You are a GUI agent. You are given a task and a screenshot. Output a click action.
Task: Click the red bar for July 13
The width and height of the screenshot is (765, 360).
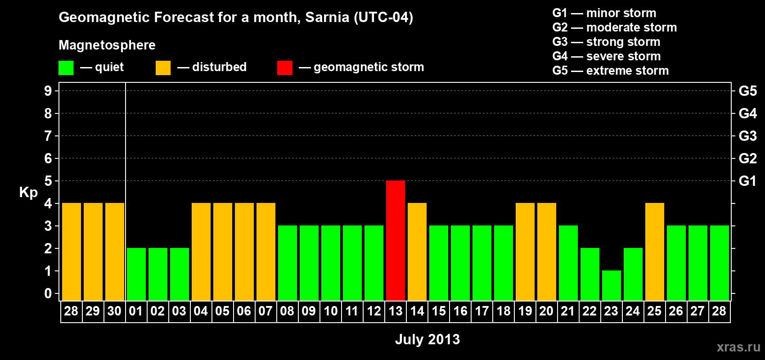click(396, 240)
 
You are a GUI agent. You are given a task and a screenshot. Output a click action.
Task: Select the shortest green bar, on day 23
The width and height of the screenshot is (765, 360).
click(612, 285)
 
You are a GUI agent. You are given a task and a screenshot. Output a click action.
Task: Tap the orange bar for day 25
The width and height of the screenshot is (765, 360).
click(655, 252)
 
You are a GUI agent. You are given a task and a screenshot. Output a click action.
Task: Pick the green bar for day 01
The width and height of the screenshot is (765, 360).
click(136, 274)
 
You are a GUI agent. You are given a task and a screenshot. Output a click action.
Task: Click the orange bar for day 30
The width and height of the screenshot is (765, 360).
click(115, 252)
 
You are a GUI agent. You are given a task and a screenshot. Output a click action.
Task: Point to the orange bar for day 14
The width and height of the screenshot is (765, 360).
click(417, 252)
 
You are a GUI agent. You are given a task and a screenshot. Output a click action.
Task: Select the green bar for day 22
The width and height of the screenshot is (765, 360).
click(590, 274)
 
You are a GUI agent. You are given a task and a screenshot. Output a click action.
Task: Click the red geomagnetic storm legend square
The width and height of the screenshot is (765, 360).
click(284, 68)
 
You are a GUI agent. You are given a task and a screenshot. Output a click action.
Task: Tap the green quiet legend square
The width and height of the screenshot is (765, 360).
click(66, 68)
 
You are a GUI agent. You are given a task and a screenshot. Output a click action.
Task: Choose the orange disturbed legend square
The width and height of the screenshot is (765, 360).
click(163, 68)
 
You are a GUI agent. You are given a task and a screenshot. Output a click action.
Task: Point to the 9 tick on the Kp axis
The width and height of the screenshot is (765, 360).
click(48, 91)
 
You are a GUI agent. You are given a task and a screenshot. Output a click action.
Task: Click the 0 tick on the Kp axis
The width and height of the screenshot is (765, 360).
click(48, 294)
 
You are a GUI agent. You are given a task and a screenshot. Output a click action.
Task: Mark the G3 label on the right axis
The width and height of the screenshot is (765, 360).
click(747, 136)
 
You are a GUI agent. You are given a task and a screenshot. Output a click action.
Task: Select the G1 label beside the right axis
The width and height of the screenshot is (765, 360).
click(747, 181)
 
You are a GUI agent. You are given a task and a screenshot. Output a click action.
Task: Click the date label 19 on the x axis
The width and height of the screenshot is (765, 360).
click(525, 311)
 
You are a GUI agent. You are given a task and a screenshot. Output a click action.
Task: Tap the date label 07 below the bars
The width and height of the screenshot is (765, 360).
click(265, 311)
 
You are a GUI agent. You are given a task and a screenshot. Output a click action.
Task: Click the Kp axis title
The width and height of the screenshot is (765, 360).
click(28, 193)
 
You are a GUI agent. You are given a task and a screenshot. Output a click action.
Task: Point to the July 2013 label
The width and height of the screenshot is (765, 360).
click(427, 339)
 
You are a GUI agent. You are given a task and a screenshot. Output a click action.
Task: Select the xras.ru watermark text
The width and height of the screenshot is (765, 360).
click(738, 347)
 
